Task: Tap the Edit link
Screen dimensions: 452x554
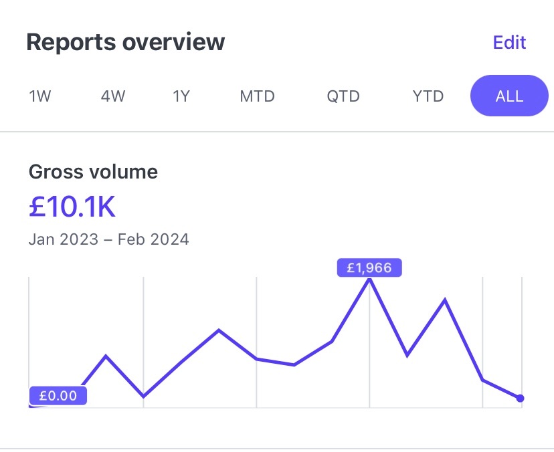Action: pos(509,42)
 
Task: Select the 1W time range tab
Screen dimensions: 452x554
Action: pos(40,96)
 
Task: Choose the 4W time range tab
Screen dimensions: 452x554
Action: pos(113,96)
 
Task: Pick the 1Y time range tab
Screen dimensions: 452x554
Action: pos(181,96)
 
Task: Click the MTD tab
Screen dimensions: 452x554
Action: pos(258,96)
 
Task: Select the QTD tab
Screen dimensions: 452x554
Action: pos(343,96)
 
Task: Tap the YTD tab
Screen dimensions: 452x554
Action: pos(428,96)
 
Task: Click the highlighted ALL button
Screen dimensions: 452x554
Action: pos(509,96)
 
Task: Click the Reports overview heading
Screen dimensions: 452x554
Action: pos(126,42)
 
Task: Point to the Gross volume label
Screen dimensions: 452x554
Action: pos(93,172)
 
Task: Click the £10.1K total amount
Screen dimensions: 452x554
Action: pos(72,207)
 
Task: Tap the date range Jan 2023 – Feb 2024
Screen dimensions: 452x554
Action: pos(109,239)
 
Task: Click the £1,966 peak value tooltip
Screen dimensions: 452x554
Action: pos(369,268)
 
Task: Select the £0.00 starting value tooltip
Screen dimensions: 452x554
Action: pos(58,396)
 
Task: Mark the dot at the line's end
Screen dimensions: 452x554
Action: pos(521,399)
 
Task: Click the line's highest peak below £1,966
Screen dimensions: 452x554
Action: pos(369,280)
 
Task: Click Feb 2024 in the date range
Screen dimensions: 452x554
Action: pos(153,239)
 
